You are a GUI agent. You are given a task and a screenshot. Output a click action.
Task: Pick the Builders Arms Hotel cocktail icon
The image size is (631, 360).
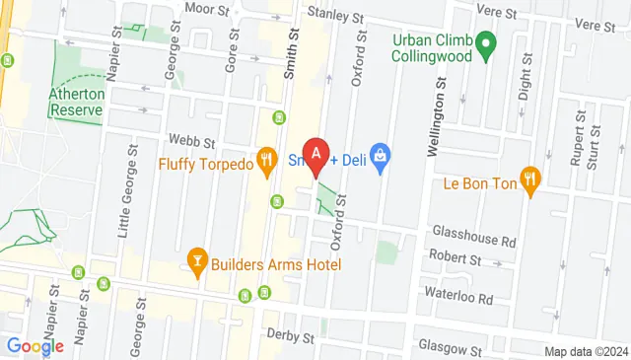pos(196,260)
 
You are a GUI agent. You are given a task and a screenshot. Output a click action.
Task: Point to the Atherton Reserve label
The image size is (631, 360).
pos(75,103)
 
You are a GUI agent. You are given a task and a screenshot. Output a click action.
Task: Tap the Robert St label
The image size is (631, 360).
pos(456,260)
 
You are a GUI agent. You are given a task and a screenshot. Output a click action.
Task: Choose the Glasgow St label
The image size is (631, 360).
pos(450,348)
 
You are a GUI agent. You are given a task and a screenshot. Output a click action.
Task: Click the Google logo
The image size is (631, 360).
pos(35,345)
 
